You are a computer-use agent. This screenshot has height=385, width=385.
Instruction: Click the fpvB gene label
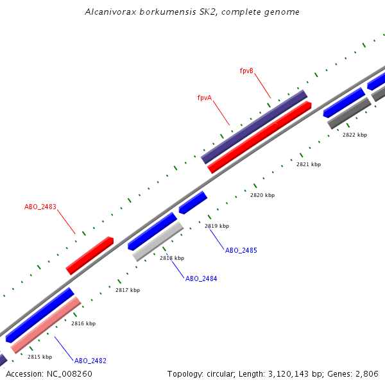(x=246, y=71)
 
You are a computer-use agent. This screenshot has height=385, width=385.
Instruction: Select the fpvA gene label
(x=205, y=98)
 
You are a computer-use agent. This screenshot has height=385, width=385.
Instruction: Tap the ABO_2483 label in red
(x=40, y=207)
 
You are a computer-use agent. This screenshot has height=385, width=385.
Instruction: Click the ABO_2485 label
(x=241, y=250)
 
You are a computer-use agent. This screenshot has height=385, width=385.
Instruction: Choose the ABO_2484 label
(x=201, y=278)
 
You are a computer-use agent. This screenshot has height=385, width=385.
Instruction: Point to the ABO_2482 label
(x=90, y=361)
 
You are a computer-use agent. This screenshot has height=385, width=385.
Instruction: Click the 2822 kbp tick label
(x=354, y=135)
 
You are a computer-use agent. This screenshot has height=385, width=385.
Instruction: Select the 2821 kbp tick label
(x=308, y=164)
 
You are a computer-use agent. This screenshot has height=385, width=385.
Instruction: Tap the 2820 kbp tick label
(x=262, y=195)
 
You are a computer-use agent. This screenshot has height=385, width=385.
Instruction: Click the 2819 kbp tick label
(x=216, y=226)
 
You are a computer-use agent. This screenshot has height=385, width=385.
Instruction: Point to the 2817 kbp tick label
(x=127, y=290)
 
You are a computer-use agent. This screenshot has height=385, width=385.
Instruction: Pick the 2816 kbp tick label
(x=83, y=323)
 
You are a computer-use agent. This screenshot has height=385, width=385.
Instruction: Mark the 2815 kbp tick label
(x=39, y=357)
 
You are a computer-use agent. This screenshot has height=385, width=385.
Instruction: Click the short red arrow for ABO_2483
(x=90, y=255)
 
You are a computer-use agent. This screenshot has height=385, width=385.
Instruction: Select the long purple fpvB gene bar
(x=254, y=126)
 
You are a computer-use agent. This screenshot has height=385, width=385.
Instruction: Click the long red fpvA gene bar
(x=260, y=137)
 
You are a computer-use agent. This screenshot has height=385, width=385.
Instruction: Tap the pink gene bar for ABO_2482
(x=46, y=325)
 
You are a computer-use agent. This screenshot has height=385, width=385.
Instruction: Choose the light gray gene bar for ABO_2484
(x=158, y=241)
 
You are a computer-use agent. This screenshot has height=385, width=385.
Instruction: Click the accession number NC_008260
(x=69, y=373)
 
